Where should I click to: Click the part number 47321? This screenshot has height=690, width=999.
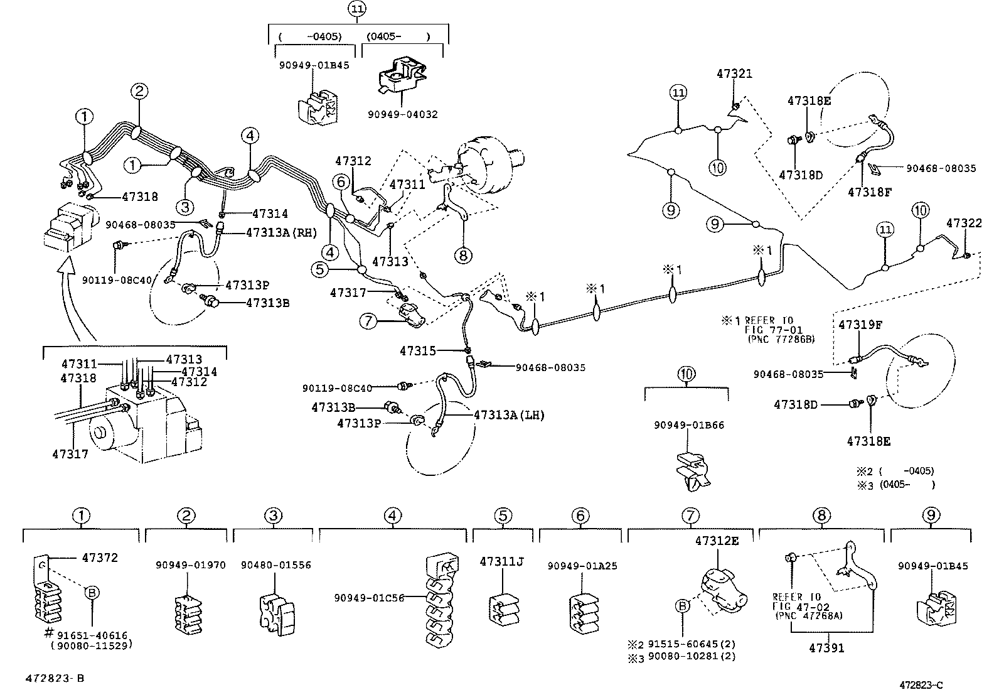[x=734, y=73]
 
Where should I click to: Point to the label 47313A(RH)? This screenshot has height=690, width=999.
[x=272, y=232]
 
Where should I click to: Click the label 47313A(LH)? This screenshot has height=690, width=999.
[x=509, y=414]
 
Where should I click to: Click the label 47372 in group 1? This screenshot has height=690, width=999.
[x=99, y=557]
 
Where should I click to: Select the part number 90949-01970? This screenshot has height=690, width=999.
[x=190, y=565]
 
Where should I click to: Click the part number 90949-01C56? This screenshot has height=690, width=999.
[x=369, y=597]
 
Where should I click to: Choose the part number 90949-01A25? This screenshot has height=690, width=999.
[x=582, y=566]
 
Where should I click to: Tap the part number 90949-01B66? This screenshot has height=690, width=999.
[x=688, y=425]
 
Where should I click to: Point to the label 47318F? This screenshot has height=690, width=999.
[x=869, y=192]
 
